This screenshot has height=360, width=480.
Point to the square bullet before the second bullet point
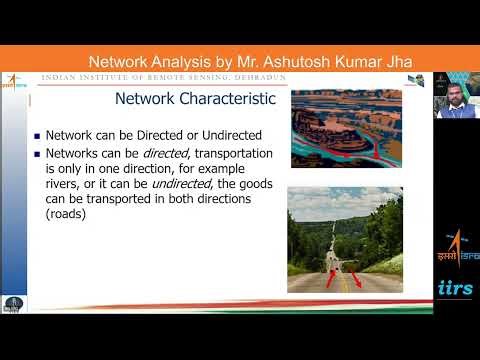(x=36, y=154)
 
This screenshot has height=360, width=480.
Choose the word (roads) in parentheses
(x=67, y=213)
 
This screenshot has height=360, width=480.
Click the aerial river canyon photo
(x=344, y=126)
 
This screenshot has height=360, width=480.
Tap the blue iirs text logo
(x=456, y=287)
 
